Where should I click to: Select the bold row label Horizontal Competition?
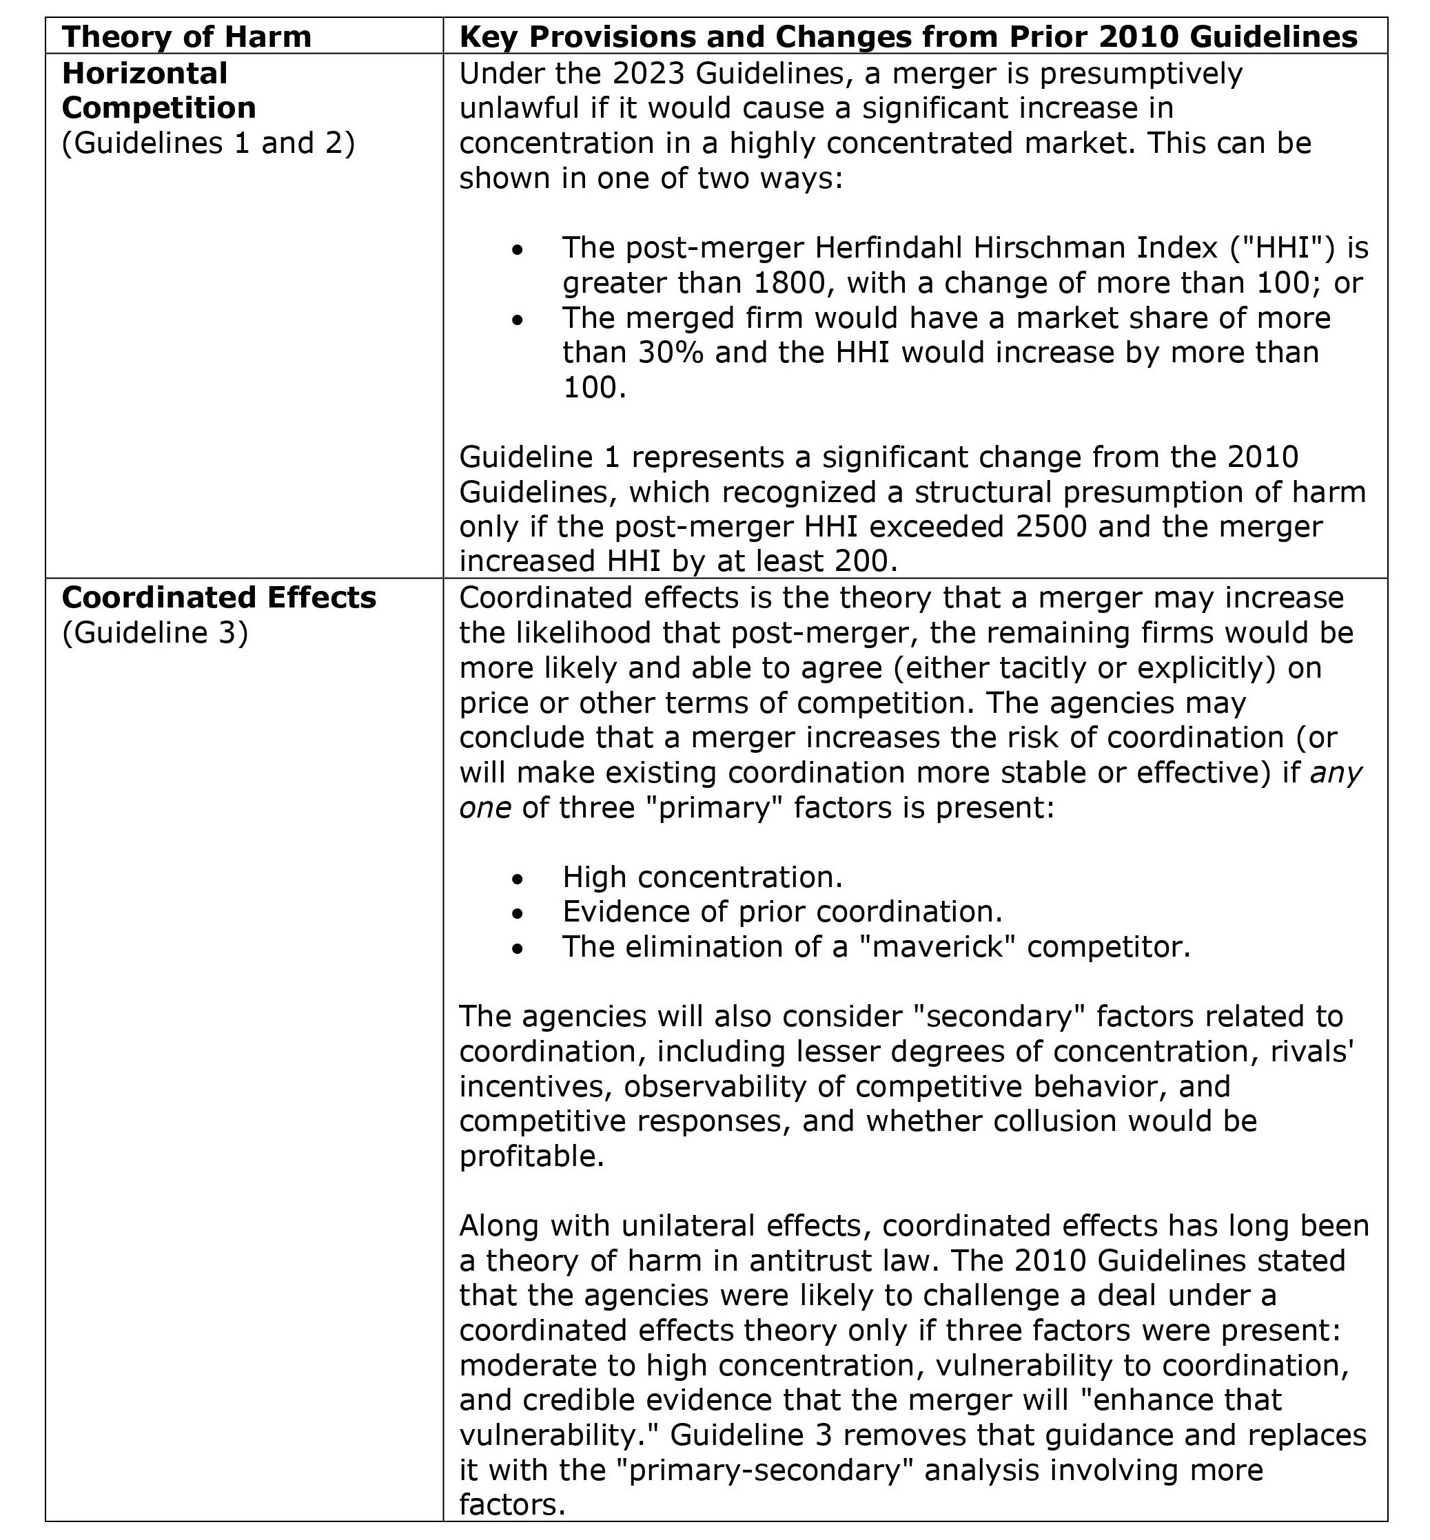(x=158, y=90)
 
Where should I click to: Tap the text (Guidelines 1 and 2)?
(x=208, y=143)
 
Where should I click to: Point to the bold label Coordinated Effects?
(x=219, y=597)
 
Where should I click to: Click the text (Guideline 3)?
(x=155, y=633)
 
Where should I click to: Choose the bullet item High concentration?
(x=702, y=877)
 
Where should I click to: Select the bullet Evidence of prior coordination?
(x=782, y=912)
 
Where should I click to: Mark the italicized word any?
(x=1336, y=773)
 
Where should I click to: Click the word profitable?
(x=531, y=1156)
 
